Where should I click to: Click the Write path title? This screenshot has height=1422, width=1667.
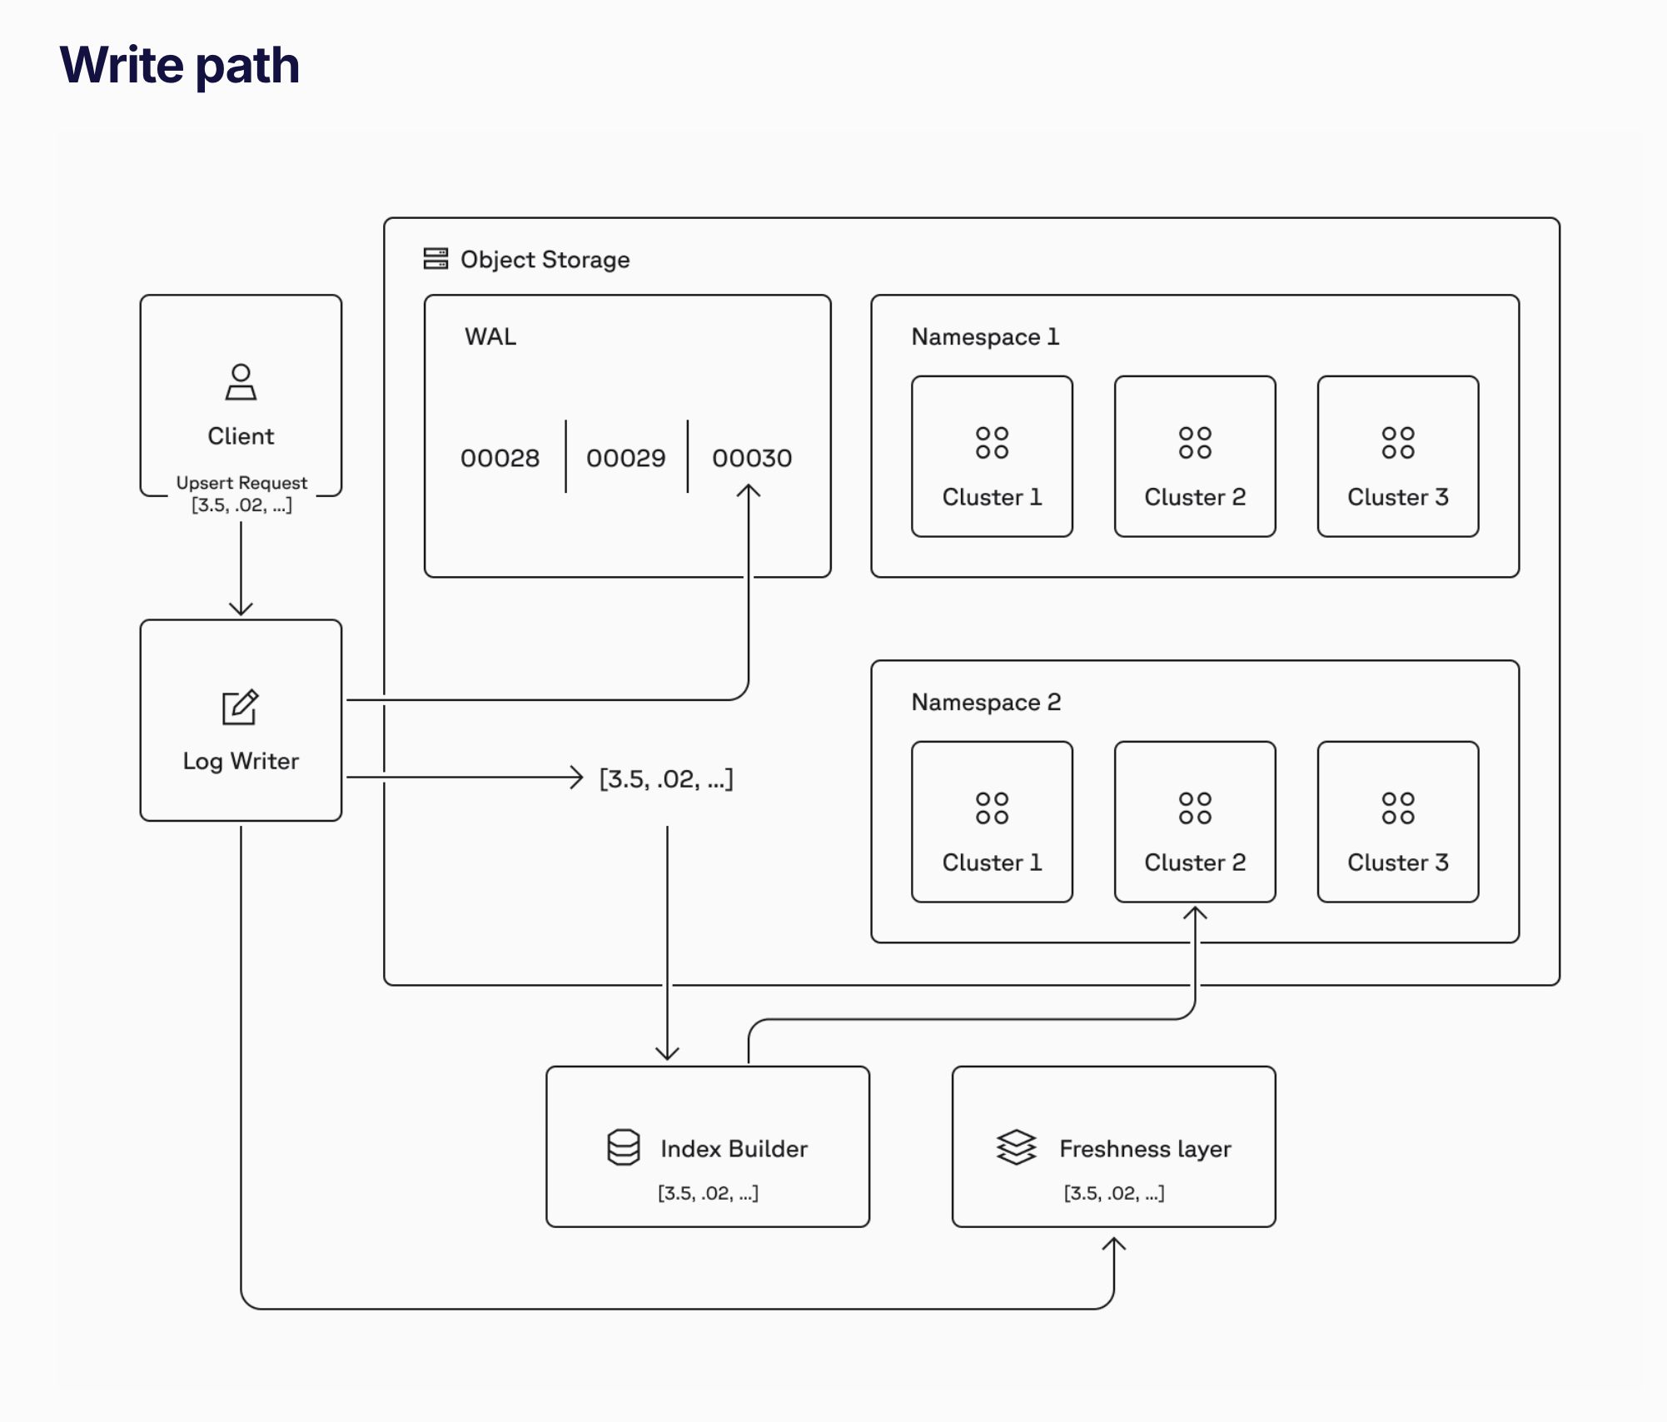179,65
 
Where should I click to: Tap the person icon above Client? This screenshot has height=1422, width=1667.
241,382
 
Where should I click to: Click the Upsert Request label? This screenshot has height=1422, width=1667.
241,483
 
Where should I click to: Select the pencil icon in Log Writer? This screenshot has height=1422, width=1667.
240,708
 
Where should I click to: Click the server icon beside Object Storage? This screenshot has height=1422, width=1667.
435,259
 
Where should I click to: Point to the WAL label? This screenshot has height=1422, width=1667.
490,336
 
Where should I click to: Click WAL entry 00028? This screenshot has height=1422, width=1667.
500,458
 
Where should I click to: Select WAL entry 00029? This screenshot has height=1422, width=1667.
626,458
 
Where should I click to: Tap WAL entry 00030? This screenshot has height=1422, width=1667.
752,458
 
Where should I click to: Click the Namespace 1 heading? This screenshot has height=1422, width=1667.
985,336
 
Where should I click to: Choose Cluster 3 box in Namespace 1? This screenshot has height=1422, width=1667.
1398,456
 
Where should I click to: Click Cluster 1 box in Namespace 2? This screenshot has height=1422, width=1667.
992,822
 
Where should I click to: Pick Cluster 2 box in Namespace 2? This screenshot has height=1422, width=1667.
1195,822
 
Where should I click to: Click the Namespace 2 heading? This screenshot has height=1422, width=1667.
986,702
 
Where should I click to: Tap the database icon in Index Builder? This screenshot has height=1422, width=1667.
624,1147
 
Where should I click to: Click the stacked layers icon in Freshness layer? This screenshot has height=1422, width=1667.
1017,1147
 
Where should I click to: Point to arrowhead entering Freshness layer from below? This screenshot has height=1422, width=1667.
1114,1244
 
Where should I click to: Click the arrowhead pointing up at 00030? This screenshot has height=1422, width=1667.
749,492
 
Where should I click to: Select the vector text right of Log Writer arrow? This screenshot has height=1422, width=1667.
666,779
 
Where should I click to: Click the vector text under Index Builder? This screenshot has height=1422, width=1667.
708,1193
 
